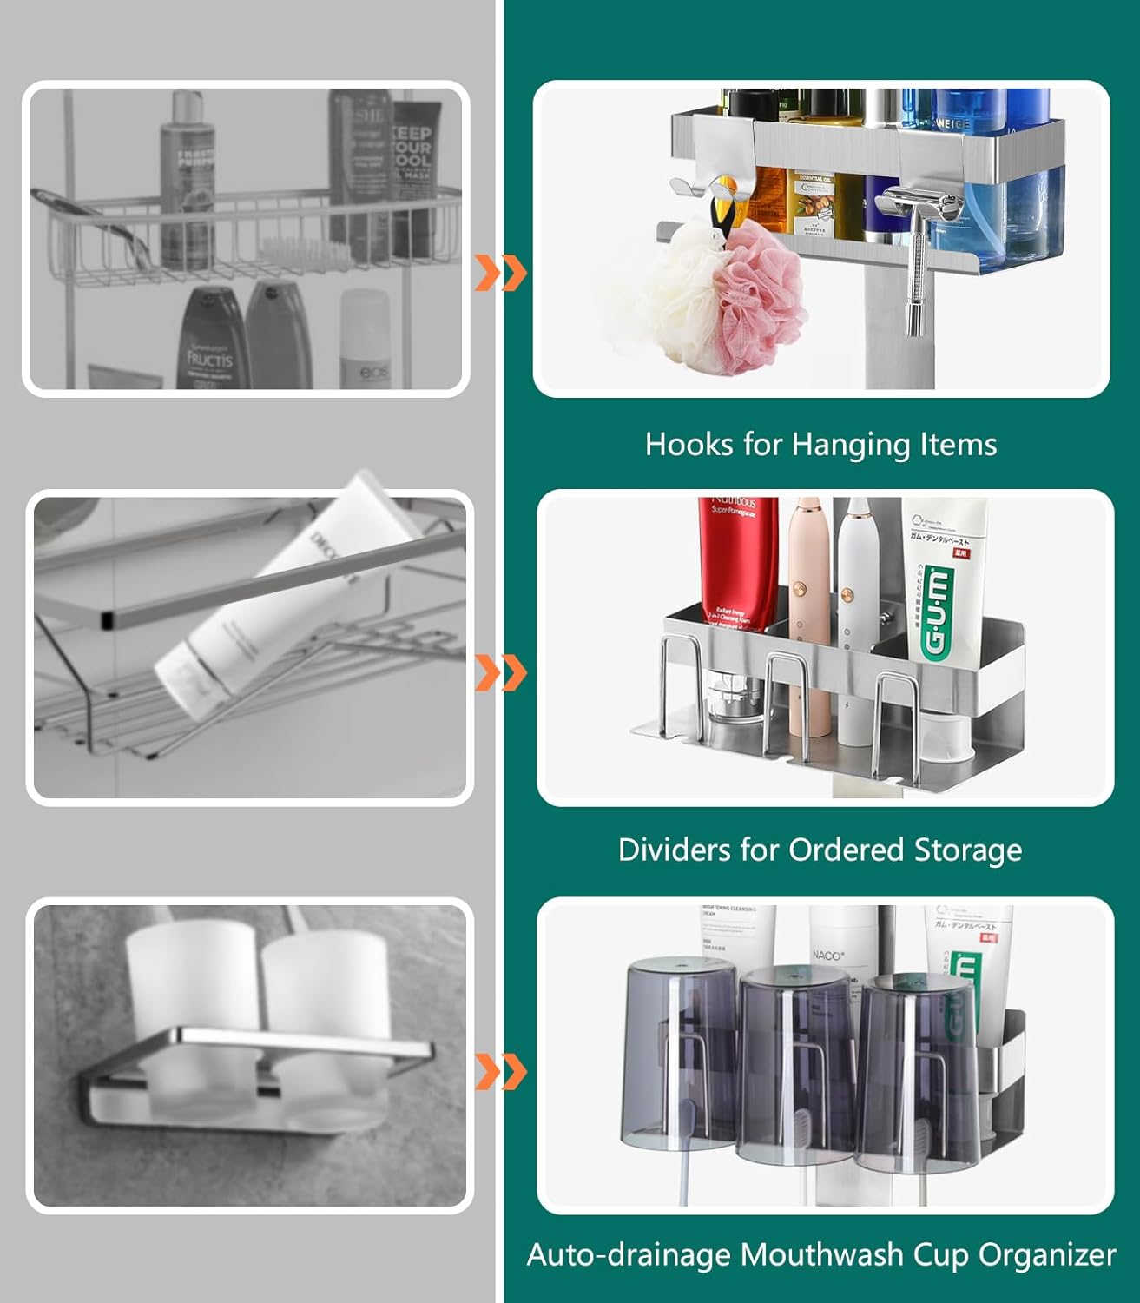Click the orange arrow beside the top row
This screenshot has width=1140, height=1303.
click(501, 274)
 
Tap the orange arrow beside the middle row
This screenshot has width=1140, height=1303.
click(501, 672)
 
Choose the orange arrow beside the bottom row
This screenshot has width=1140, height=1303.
click(501, 1071)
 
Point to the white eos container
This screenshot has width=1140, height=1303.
click(365, 339)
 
